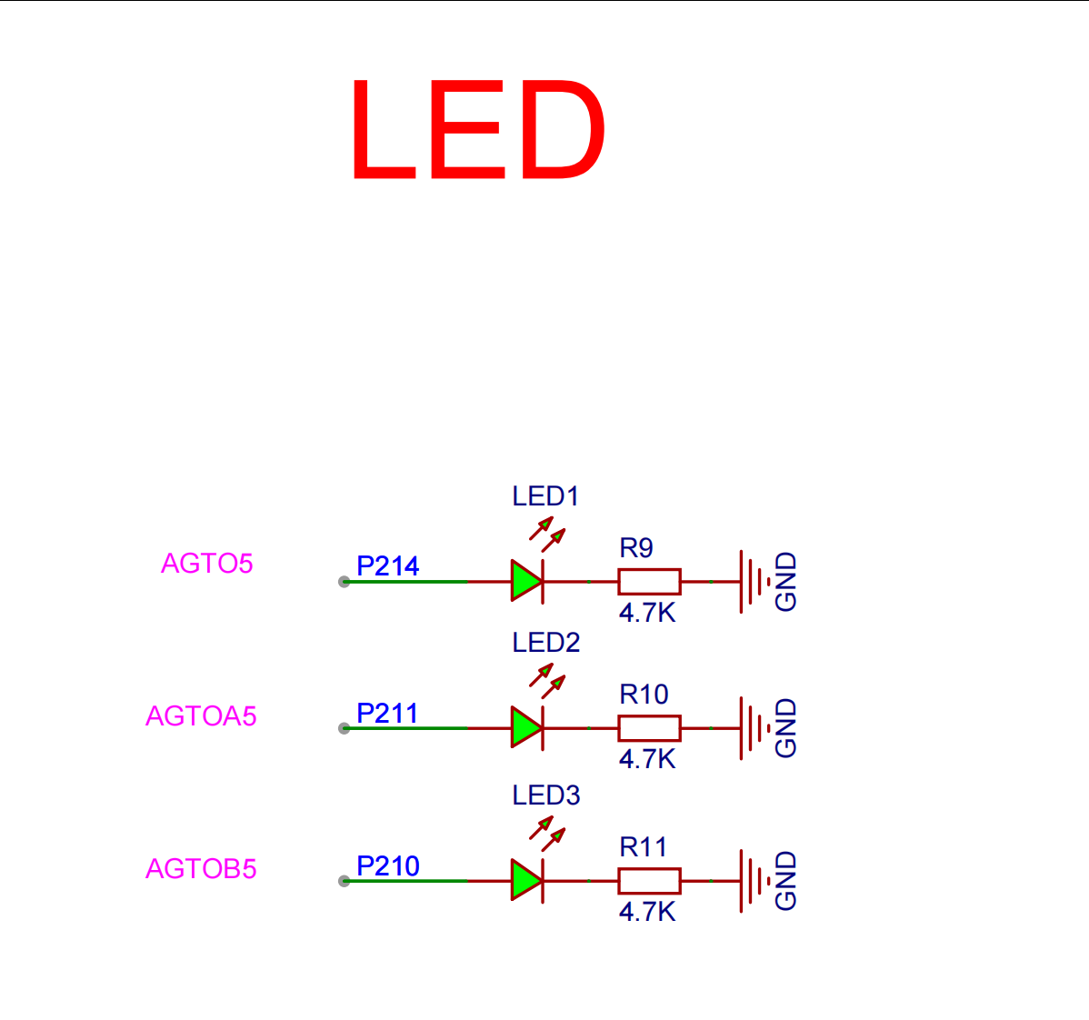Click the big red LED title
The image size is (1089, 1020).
[478, 129]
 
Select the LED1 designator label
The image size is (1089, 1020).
[545, 496]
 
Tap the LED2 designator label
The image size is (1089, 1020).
[546, 643]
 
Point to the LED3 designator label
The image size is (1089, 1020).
[546, 795]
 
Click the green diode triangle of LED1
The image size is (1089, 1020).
[526, 581]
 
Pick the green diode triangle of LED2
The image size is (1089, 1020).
[526, 727]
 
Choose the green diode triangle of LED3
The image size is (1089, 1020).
[526, 880]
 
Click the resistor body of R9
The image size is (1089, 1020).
[649, 582]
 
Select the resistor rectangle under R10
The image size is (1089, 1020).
[649, 728]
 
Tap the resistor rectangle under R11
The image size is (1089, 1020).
[649, 881]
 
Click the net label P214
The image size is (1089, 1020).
[387, 566]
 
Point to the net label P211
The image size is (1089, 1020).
[387, 714]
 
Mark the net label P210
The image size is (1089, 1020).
[387, 866]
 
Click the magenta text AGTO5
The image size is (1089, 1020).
[207, 564]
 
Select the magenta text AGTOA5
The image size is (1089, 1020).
[202, 716]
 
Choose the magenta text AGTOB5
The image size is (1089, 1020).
[202, 869]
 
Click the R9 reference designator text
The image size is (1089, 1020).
[636, 548]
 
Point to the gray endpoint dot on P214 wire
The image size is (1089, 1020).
[344, 582]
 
